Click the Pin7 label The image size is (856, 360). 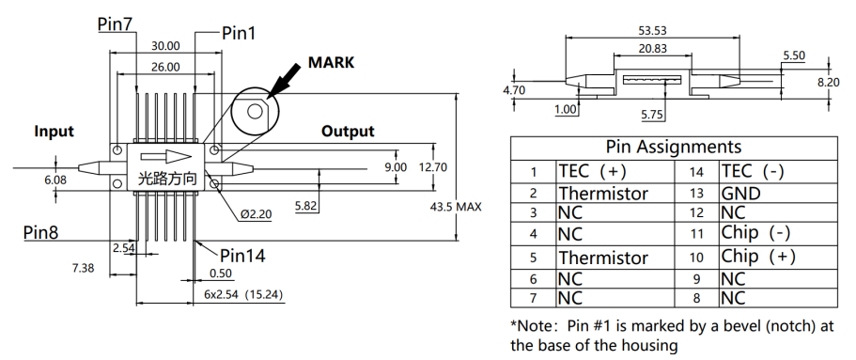point(116,24)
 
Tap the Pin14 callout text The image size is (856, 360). point(242,255)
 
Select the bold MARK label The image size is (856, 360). point(331,62)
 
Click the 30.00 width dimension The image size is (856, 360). point(165,46)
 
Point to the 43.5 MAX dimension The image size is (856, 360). point(456,207)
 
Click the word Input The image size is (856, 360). point(54,131)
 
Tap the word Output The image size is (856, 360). point(348,131)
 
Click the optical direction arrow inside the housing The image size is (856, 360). point(166,157)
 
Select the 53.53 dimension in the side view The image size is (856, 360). point(652,31)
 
